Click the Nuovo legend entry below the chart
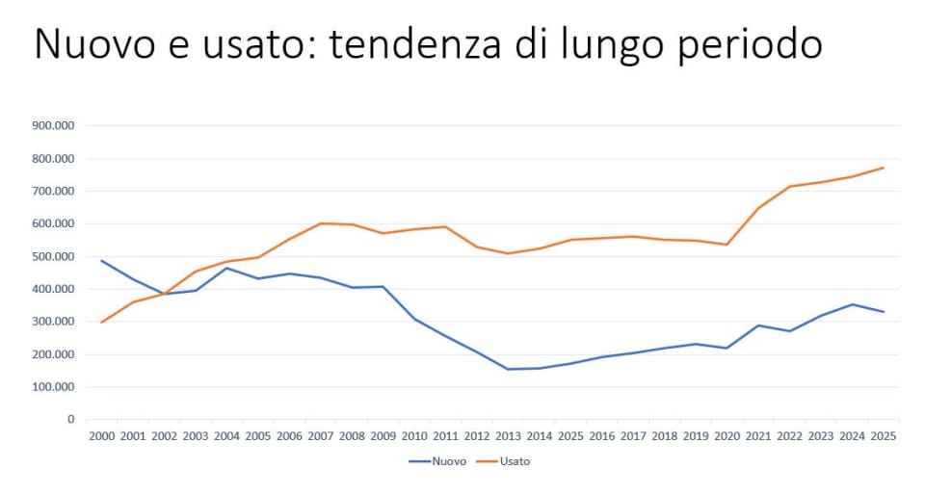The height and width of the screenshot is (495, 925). point(438,461)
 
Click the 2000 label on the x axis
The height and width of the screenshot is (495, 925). point(101,436)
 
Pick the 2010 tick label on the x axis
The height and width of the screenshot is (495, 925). point(414,436)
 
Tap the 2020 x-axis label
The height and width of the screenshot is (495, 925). point(727,436)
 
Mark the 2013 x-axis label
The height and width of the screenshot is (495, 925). point(508,436)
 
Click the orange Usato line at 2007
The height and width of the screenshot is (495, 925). point(320,223)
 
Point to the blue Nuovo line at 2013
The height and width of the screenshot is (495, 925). point(508,369)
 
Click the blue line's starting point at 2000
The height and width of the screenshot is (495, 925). point(101,260)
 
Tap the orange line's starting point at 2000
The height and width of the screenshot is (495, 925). point(101,322)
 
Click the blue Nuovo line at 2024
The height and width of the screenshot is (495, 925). point(852,304)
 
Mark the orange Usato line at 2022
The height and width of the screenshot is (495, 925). point(789,187)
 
